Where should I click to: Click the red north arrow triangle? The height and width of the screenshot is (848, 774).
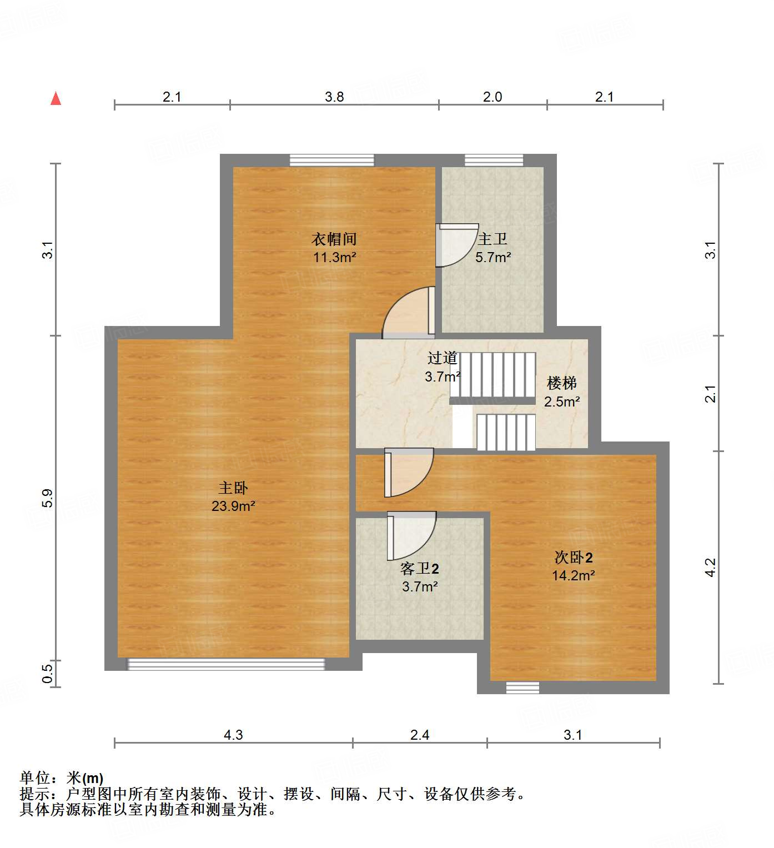56,98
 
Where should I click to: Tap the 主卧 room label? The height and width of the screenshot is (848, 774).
233,488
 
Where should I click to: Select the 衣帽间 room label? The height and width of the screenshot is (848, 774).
334,239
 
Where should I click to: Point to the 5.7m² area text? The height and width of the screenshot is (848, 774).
493,258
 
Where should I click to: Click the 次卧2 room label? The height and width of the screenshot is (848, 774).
574,558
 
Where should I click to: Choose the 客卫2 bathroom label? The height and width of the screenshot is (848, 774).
420,569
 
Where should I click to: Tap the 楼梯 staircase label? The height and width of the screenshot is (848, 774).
562,383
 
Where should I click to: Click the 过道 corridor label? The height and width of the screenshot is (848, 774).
443,358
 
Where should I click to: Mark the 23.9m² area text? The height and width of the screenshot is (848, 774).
233,506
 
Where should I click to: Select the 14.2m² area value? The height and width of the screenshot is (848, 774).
574,576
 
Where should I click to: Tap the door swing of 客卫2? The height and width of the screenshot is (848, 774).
411,535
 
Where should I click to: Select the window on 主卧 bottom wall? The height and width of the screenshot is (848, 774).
226,664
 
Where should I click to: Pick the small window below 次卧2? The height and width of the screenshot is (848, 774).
522,688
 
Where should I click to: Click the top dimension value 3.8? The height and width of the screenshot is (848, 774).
334,97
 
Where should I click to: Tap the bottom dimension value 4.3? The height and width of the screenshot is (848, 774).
233,735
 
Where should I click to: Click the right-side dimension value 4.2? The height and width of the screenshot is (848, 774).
711,568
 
